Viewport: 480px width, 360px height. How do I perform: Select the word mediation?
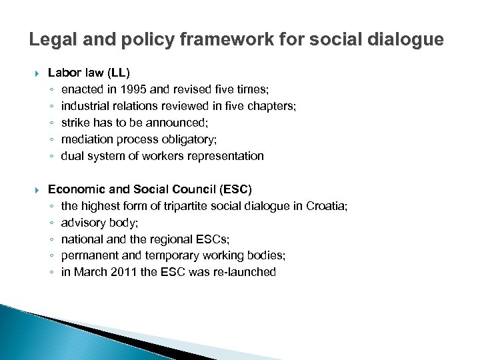(x=87, y=139)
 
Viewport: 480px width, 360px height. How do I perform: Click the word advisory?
(x=83, y=222)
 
